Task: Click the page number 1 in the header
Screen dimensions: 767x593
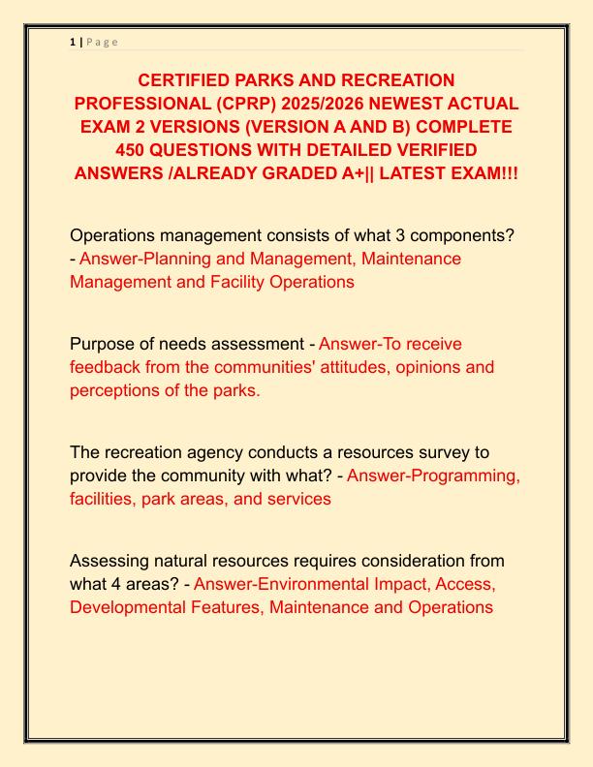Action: (72, 42)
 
